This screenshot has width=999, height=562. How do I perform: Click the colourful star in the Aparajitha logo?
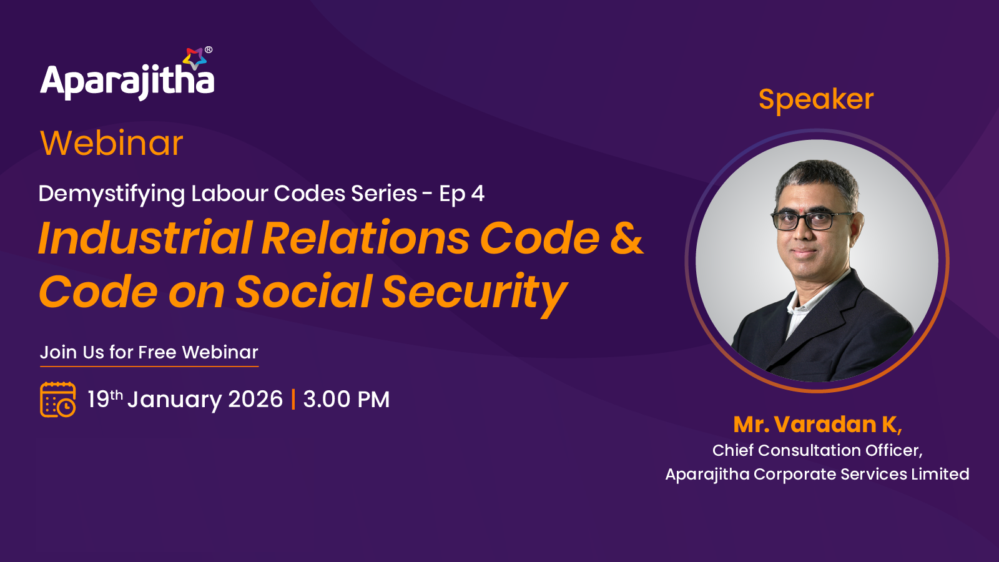(194, 58)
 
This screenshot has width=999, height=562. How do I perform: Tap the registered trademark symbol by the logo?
(209, 49)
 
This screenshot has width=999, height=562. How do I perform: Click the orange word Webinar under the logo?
(112, 143)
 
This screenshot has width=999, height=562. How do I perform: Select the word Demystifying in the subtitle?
(112, 194)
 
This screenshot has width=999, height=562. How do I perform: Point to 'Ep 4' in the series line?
(461, 194)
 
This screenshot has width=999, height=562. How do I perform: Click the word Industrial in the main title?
(145, 238)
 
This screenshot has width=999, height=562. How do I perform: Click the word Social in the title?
(303, 292)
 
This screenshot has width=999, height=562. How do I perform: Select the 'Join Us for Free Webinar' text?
(149, 352)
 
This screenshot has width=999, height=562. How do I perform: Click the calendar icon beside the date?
(57, 399)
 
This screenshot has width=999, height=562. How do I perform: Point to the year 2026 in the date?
(255, 399)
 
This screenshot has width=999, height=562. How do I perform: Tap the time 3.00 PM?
(347, 399)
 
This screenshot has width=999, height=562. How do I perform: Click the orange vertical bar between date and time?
(293, 399)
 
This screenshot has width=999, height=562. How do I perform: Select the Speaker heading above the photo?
(816, 99)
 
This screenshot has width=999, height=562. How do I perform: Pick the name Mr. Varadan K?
(817, 424)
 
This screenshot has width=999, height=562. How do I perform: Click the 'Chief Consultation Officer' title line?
(817, 450)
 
